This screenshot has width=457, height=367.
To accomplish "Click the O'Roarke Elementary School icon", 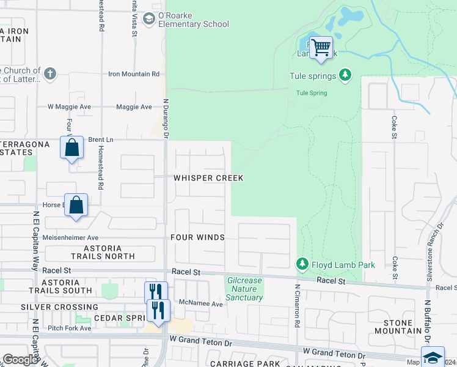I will pyautogui.click(x=148, y=20).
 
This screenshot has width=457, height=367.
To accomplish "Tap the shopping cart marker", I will pyautogui.click(x=321, y=47).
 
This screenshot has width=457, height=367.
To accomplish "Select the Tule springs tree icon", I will pyautogui.click(x=346, y=75).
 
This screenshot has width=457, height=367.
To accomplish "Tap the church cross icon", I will pyautogui.click(x=50, y=75).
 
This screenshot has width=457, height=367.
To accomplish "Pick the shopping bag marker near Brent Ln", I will pyautogui.click(x=71, y=147).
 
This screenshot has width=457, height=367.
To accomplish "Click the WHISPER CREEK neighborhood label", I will pyautogui.click(x=208, y=178).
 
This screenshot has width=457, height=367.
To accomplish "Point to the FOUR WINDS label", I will pyautogui.click(x=197, y=237).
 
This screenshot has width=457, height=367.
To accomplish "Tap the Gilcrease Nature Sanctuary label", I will pyautogui.click(x=244, y=289).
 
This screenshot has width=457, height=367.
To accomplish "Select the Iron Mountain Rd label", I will pyautogui.click(x=133, y=74).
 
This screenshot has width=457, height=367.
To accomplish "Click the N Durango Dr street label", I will pyautogui.click(x=166, y=118).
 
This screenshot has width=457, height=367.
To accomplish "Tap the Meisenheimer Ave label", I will pyautogui.click(x=70, y=237).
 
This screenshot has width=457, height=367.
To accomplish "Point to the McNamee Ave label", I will pyautogui.click(x=202, y=303).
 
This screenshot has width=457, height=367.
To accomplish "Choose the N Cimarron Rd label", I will pyautogui.click(x=297, y=305).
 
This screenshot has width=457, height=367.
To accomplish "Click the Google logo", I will pyautogui.click(x=20, y=360).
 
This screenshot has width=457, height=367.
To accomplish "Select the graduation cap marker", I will pyautogui.click(x=433, y=357).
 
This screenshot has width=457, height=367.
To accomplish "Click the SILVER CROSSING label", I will pyautogui.click(x=59, y=307).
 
